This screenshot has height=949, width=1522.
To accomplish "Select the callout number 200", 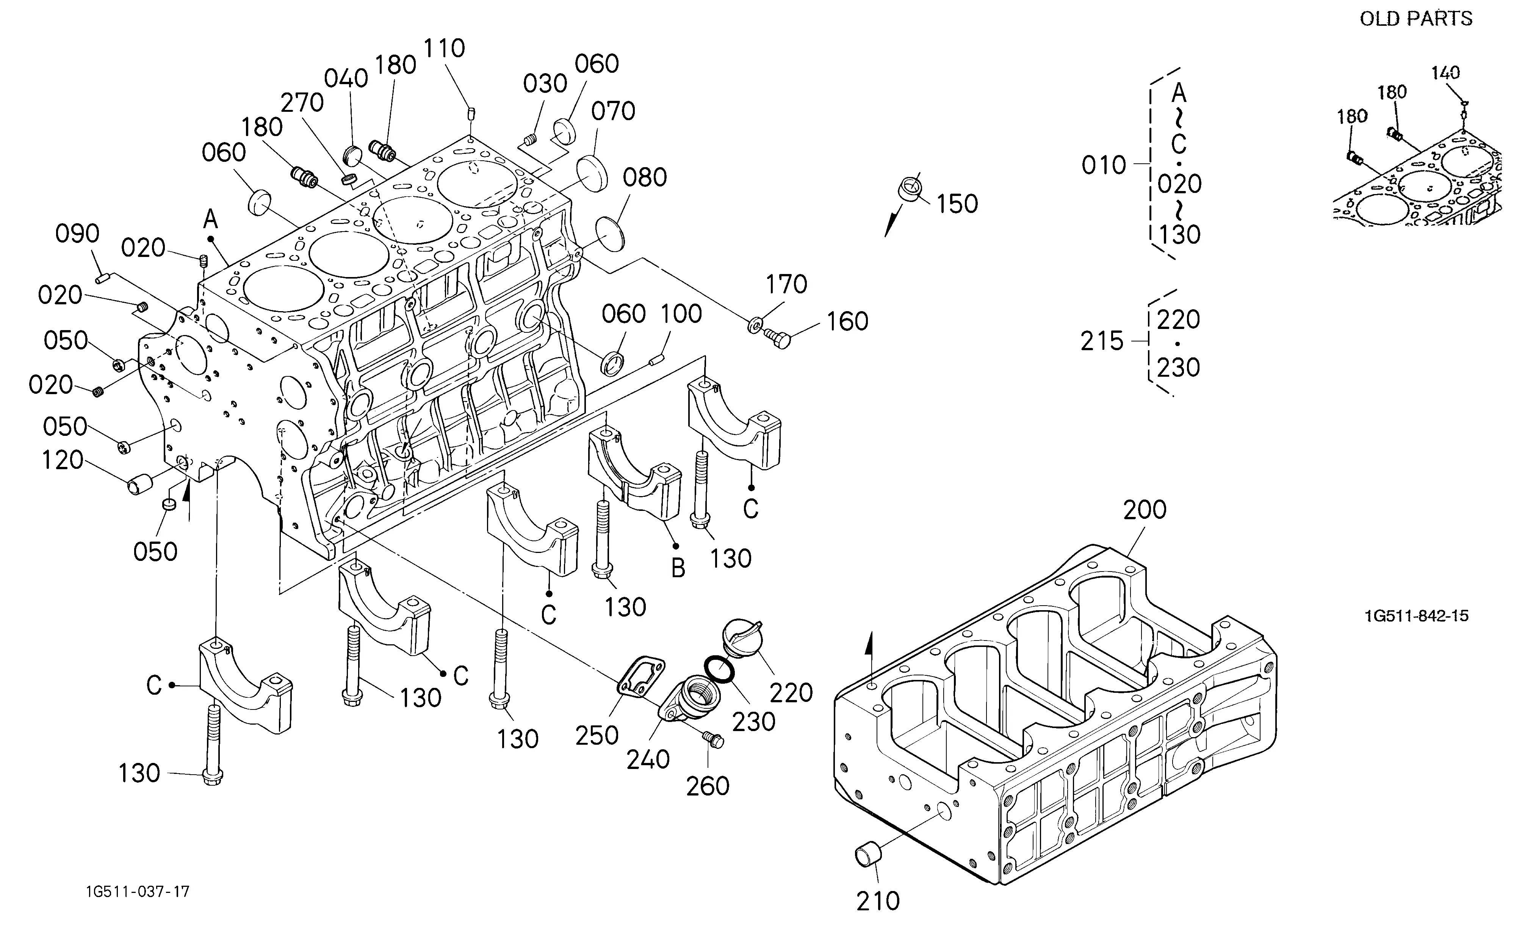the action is (1145, 510).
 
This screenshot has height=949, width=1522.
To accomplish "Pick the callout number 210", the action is (878, 901).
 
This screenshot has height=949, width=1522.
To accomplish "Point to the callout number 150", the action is (957, 204).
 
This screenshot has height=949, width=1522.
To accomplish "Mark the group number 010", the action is (1104, 165).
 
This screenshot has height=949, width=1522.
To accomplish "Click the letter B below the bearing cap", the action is (678, 568).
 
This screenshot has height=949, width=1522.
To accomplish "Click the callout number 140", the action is (1445, 73).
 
